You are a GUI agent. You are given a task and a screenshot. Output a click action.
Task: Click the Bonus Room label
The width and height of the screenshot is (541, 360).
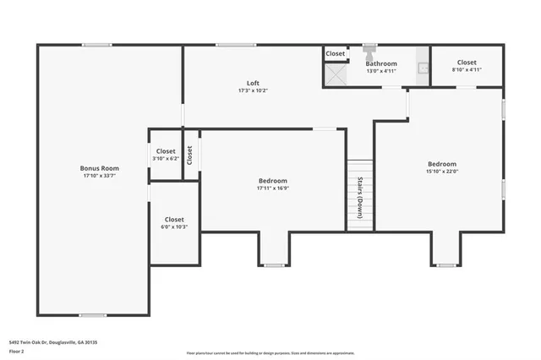[x=100, y=168]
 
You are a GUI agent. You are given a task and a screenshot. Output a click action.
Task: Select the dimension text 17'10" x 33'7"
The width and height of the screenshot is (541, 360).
[x=100, y=176]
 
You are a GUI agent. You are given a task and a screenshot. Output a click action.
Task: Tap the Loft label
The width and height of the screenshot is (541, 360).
[x=253, y=83]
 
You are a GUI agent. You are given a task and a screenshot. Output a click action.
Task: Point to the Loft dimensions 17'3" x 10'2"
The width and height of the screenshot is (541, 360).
[x=253, y=90]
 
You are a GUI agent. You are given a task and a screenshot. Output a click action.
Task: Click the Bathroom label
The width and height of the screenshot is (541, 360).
[x=380, y=63]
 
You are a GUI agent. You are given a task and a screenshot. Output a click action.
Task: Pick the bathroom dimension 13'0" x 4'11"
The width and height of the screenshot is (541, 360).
[x=380, y=71]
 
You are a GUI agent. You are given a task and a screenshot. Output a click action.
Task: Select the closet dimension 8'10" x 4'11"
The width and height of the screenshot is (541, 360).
[x=466, y=70]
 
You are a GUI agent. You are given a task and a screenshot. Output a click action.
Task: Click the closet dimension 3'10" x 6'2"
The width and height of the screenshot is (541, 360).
[x=166, y=158]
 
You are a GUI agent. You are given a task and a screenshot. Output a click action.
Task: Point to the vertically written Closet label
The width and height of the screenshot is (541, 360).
[x=190, y=155]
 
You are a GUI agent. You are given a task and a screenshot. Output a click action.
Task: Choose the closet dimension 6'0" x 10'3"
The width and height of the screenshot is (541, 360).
[x=174, y=226]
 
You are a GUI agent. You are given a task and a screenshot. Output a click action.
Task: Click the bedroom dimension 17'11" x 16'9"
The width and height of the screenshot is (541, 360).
[x=272, y=188]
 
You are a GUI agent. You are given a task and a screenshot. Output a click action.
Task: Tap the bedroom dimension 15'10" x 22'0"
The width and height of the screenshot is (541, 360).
[x=441, y=172]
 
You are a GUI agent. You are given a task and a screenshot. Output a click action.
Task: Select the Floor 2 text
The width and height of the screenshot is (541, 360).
[x=17, y=351]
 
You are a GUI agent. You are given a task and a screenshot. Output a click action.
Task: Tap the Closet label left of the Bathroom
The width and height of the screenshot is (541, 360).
[x=336, y=53]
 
